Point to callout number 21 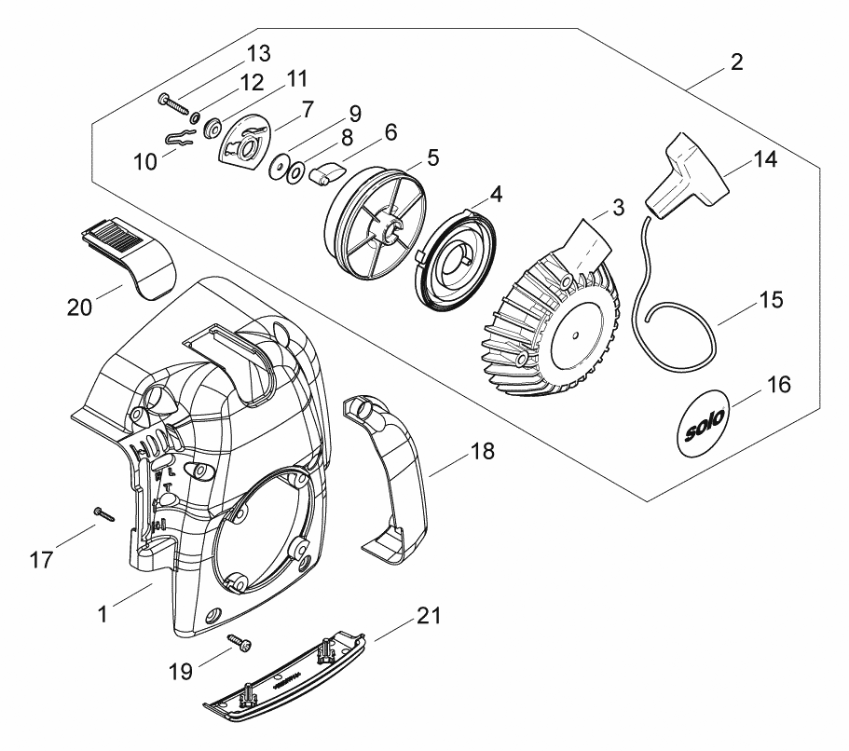tap(430, 617)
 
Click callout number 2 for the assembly tap(736, 63)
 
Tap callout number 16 tap(779, 384)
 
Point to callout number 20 tap(79, 306)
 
